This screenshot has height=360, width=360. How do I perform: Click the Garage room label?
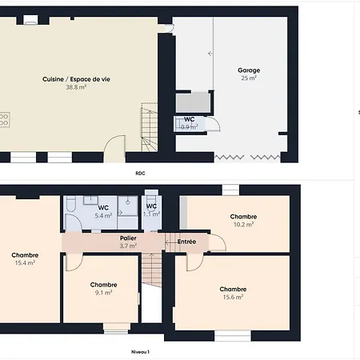(x=249, y=70)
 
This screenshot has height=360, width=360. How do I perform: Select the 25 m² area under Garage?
(x=249, y=78)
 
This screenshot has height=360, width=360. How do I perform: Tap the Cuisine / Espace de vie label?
(x=76, y=79)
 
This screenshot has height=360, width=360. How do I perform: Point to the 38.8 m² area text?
(x=76, y=87)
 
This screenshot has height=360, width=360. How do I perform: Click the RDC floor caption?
(x=140, y=174)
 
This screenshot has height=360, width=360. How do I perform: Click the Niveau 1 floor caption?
(x=140, y=352)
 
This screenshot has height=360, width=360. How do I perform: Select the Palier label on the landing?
(x=128, y=238)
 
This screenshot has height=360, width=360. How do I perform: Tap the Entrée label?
(x=186, y=242)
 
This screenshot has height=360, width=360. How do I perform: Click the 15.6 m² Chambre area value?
(x=233, y=297)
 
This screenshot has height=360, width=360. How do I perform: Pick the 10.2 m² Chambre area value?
(x=243, y=225)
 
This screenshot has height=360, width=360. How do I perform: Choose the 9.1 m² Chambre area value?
(x=103, y=293)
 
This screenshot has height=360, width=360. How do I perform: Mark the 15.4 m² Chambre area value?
(x=25, y=263)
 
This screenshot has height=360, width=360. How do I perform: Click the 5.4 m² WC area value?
(x=103, y=215)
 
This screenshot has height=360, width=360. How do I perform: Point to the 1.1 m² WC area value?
(x=151, y=214)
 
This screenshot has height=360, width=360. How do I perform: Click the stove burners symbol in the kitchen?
(x=4, y=119)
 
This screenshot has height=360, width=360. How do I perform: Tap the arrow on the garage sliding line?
(x=210, y=54)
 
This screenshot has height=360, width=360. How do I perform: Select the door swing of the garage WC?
(x=214, y=123)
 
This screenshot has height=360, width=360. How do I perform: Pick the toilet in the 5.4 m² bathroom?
(x=71, y=203)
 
